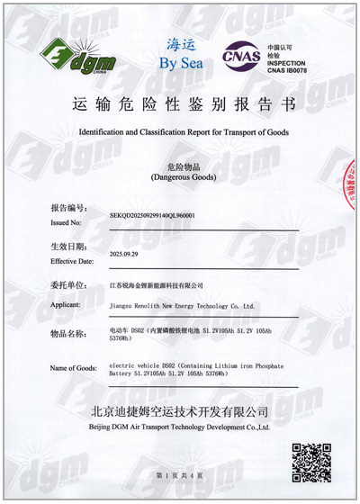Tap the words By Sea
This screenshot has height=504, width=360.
(182, 64)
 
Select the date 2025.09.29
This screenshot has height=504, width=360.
(126, 256)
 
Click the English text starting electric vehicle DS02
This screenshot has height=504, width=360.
(181, 373)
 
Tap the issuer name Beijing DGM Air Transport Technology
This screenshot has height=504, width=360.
(180, 427)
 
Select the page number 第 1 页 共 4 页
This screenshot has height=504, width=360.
(180, 474)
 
